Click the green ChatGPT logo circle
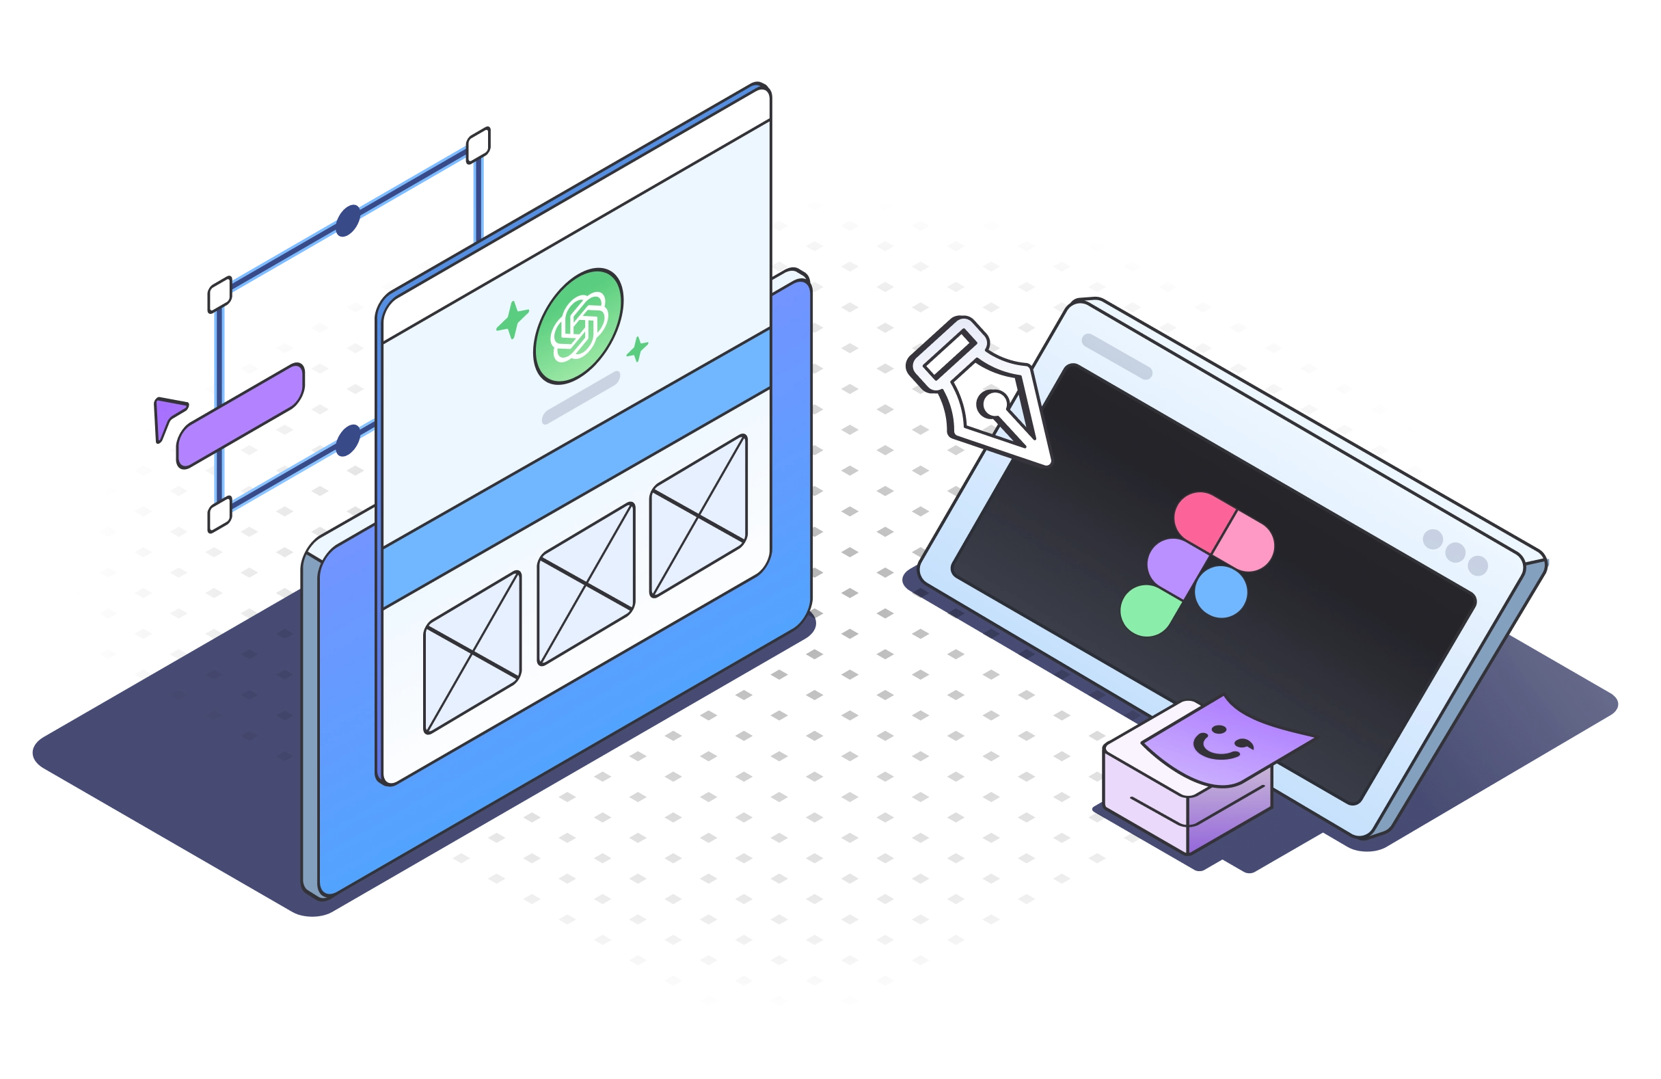pos(578,326)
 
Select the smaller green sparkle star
pos(637,348)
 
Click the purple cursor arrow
pos(167,416)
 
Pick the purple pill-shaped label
pos(241,415)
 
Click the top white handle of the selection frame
pos(478,144)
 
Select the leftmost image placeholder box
pos(472,652)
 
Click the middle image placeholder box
pos(586,583)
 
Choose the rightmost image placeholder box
pos(699,516)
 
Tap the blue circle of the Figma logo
pos(1221,592)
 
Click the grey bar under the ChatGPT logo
pos(580,398)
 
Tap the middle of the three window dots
pos(1455,552)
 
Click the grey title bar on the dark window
pos(1117,357)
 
